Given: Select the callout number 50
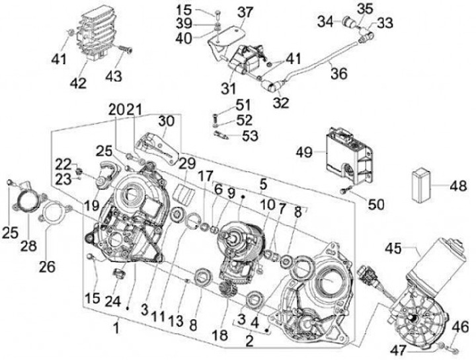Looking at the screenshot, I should [376, 205].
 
